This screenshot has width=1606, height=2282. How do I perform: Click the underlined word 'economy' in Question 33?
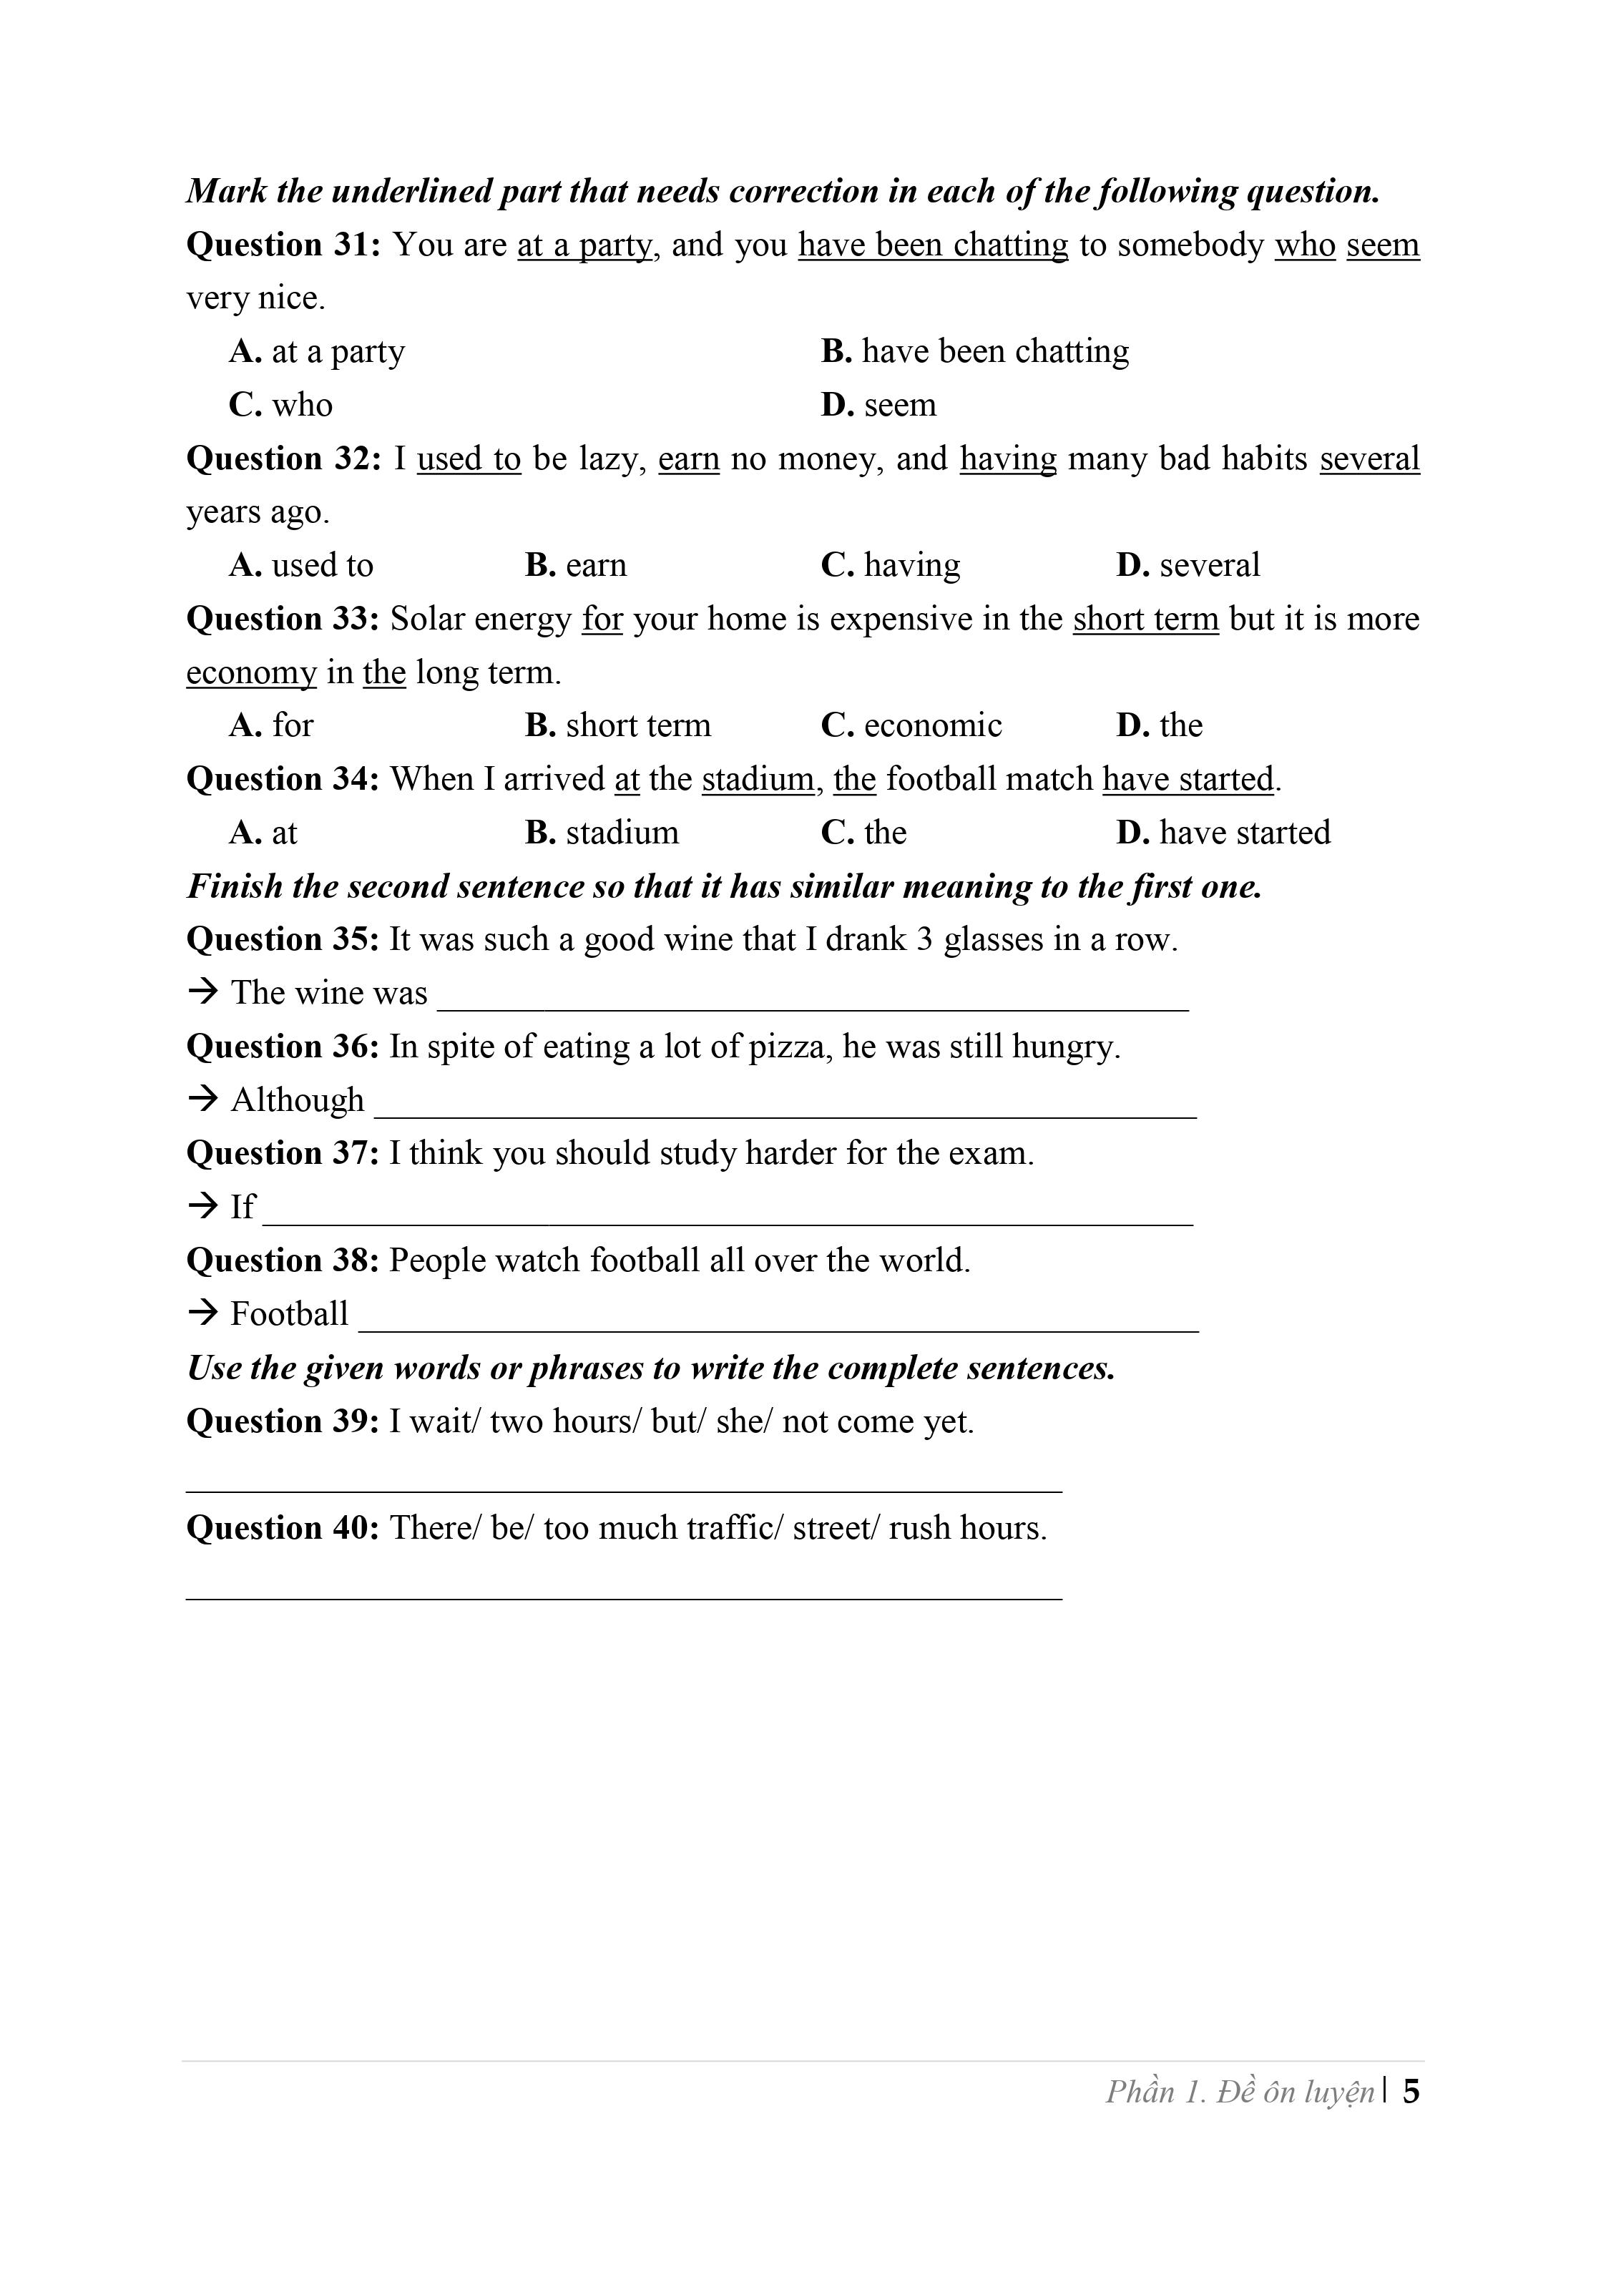250,673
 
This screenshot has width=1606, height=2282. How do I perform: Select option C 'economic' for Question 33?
911,725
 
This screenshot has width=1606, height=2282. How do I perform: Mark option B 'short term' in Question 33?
617,725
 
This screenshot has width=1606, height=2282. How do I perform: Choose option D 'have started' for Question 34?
1223,833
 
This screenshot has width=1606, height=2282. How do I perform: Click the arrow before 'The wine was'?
202,992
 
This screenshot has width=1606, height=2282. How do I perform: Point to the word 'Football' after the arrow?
289,1314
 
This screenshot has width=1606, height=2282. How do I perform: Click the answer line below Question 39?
624,1490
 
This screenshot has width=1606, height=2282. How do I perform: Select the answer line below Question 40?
624,1597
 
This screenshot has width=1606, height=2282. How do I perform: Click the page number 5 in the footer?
1411,2092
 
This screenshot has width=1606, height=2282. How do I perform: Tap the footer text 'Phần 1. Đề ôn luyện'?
1239,2092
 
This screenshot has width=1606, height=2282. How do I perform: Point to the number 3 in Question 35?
924,939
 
